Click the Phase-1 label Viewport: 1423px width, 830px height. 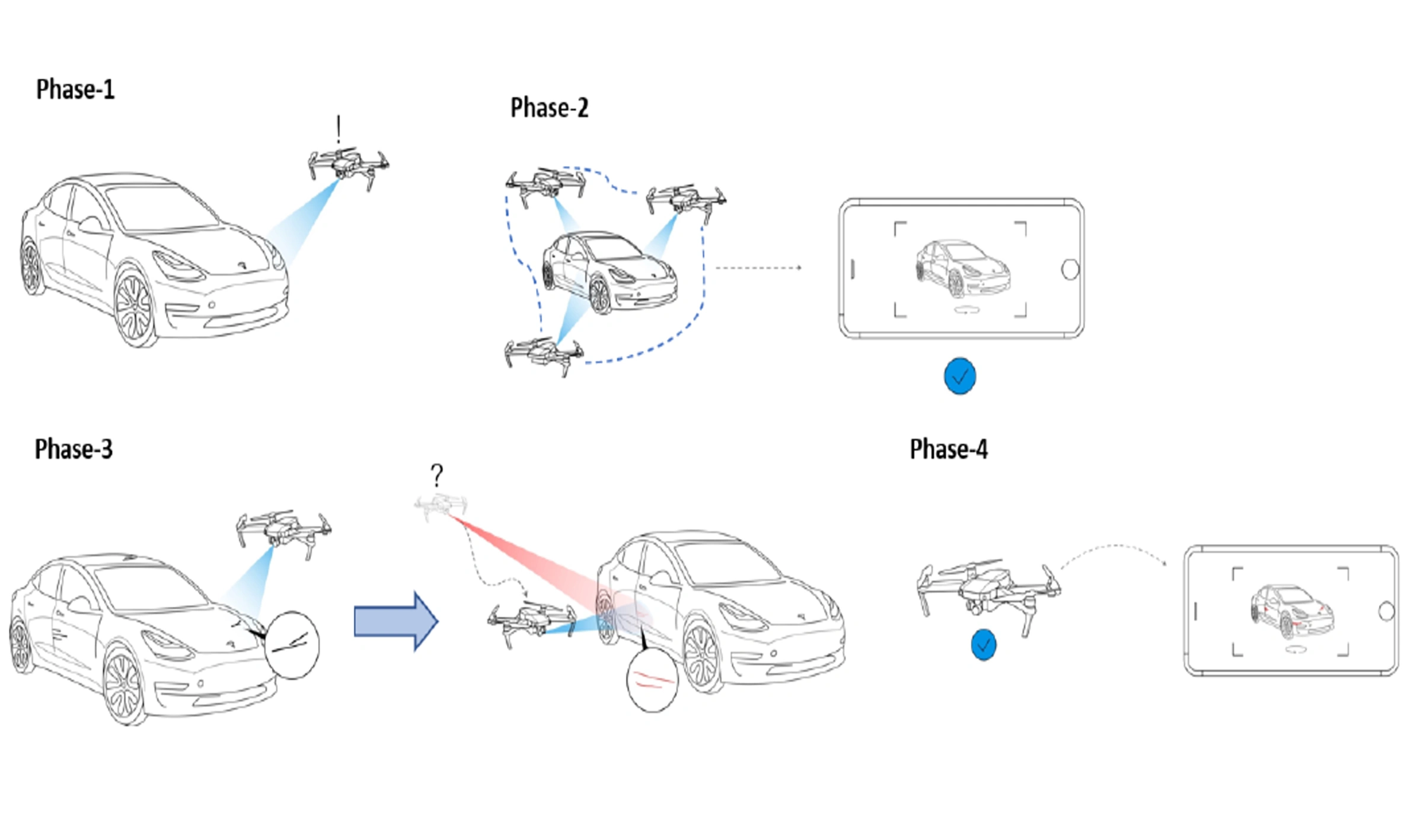[75, 90]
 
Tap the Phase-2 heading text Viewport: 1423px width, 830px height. [549, 108]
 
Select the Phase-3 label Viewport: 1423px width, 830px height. [74, 449]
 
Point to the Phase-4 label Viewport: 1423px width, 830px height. [949, 449]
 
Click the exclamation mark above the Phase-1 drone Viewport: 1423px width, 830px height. [339, 129]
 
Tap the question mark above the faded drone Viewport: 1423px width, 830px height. [437, 475]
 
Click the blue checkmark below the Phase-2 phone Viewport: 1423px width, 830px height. [960, 376]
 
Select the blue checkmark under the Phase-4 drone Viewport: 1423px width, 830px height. [984, 644]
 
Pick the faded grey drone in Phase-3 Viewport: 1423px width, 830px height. [441, 506]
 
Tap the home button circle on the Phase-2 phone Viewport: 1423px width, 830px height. [1070, 270]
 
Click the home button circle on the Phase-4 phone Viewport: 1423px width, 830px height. [1386, 611]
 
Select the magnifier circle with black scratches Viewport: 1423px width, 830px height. [292, 644]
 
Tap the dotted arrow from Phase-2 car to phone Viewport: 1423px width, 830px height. [759, 268]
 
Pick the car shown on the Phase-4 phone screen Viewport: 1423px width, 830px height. [1292, 611]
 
